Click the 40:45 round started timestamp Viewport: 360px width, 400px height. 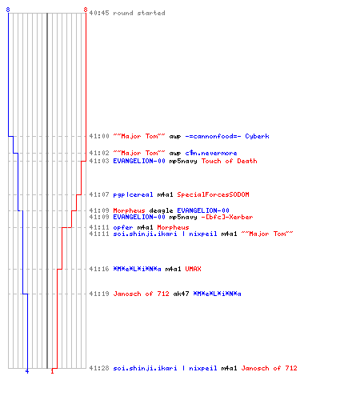pyautogui.click(x=99, y=13)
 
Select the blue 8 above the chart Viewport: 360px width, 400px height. pyautogui.click(x=8, y=10)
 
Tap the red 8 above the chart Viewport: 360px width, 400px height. pyautogui.click(x=86, y=10)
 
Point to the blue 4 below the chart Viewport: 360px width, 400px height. pyautogui.click(x=27, y=371)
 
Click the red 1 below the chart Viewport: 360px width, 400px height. pyautogui.click(x=52, y=371)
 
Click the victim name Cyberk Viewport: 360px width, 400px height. pyautogui.click(x=257, y=136)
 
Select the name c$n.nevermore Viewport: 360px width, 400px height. pyautogui.click(x=211, y=153)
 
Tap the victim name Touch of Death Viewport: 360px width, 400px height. pyautogui.click(x=229, y=161)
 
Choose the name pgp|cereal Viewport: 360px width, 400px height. pyautogui.click(x=133, y=194)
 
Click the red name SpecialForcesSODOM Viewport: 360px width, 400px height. pyautogui.click(x=213, y=194)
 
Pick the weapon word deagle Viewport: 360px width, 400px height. pyautogui.click(x=161, y=210)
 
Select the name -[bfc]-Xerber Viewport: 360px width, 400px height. pyautogui.click(x=227, y=217)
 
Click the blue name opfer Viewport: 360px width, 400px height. pyautogui.click(x=123, y=227)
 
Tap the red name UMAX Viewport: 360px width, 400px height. pyautogui.click(x=193, y=269)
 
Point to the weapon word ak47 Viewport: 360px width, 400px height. pyautogui.click(x=181, y=294)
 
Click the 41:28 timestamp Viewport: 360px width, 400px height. pyautogui.click(x=99, y=368)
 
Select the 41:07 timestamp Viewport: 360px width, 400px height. pyautogui.click(x=99, y=194)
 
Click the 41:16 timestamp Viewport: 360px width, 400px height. pyautogui.click(x=99, y=269)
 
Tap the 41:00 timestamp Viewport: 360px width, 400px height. pyautogui.click(x=99, y=136)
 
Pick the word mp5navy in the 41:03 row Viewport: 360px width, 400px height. pyautogui.click(x=183, y=161)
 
